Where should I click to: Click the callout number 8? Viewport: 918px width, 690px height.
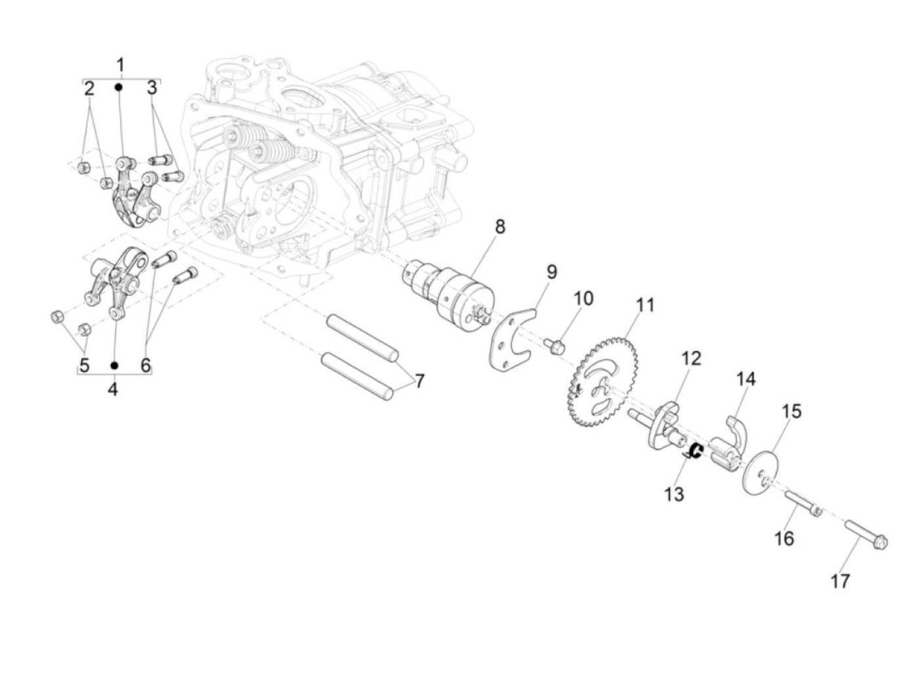point(500,227)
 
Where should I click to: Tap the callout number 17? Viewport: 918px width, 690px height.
point(840,580)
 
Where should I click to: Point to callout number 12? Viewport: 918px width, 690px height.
point(690,358)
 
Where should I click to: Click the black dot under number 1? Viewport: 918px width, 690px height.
point(119,87)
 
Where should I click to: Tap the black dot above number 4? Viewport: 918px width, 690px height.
point(114,365)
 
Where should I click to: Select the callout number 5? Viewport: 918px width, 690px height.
point(85,365)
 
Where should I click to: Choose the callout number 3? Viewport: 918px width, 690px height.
point(152,88)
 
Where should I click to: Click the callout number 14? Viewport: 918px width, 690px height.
point(745,379)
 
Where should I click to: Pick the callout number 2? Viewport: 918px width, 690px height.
point(89,88)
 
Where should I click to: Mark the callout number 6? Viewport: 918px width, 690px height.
point(146,365)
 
